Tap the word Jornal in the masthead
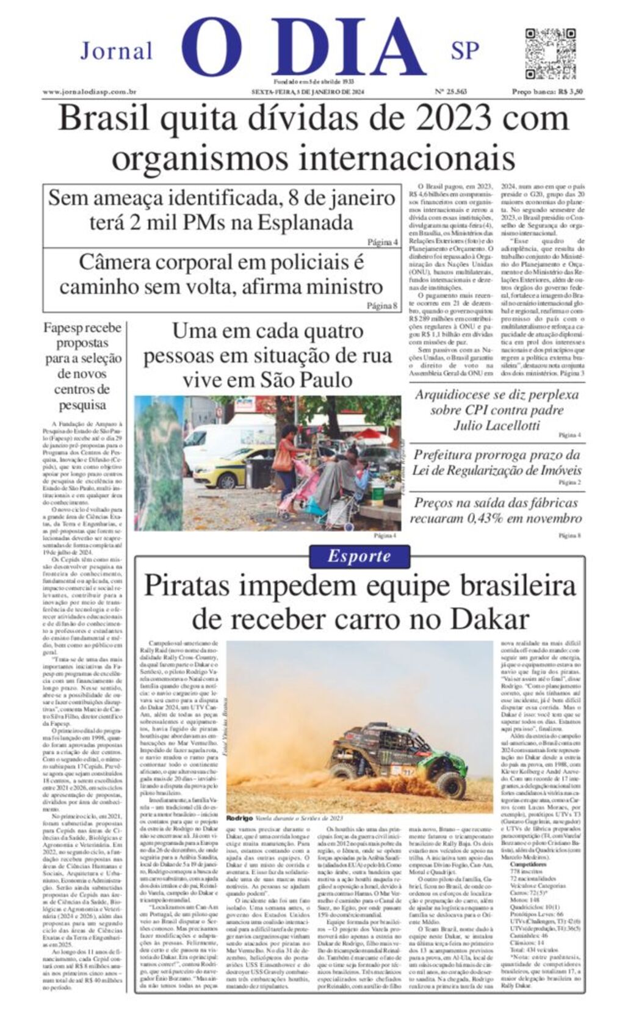(x=116, y=51)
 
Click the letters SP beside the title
(x=465, y=51)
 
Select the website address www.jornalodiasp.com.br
(x=89, y=92)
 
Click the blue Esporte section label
(x=359, y=556)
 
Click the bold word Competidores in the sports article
(x=529, y=865)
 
